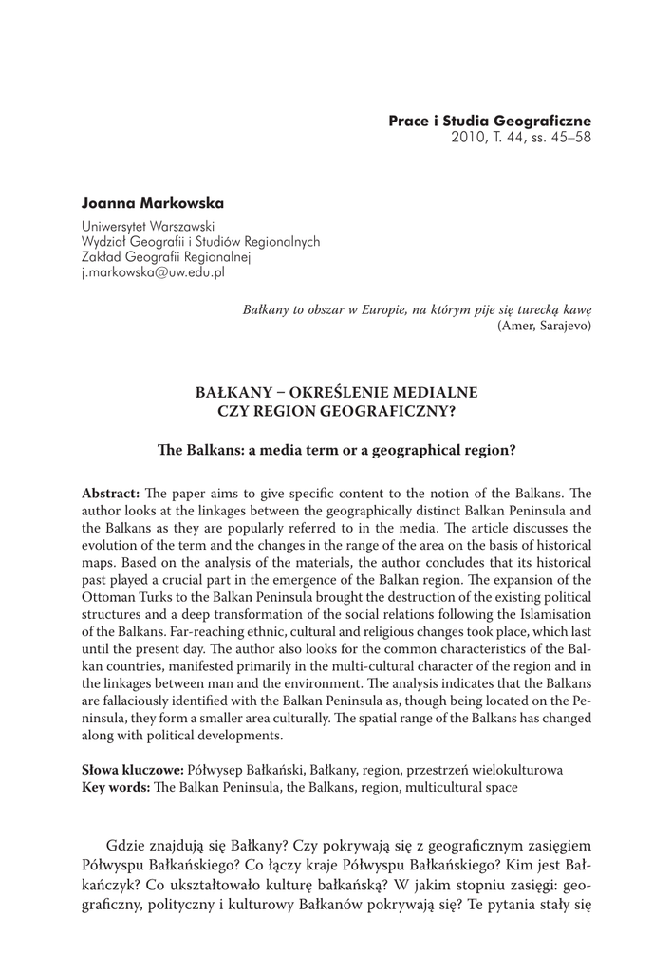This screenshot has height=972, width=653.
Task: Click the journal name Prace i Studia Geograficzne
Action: (x=490, y=121)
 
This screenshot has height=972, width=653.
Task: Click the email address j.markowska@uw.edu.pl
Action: (x=153, y=271)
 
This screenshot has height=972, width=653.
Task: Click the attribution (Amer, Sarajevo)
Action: (x=544, y=325)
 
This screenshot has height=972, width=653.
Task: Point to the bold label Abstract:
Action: (x=112, y=494)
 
